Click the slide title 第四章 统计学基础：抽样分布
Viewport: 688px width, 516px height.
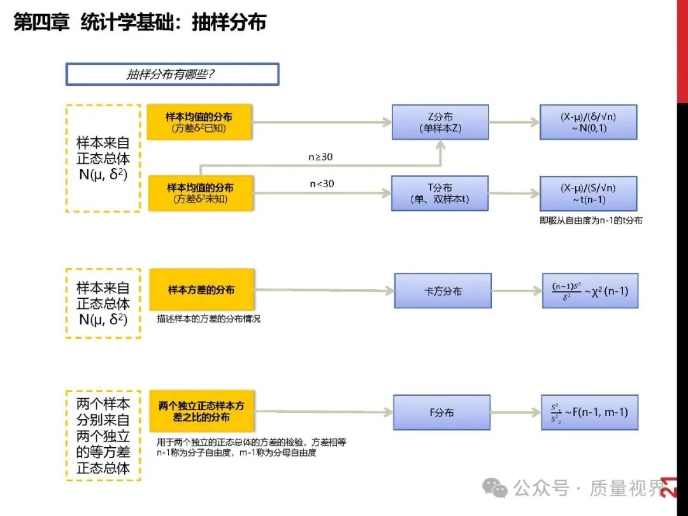point(140,23)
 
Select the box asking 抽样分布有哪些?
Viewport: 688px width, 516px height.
point(172,74)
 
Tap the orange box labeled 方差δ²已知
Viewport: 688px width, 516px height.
point(199,122)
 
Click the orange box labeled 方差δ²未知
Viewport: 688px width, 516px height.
point(200,193)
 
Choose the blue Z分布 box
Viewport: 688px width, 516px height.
point(440,122)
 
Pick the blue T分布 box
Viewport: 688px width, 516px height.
point(440,193)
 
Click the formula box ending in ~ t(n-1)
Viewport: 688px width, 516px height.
point(588,193)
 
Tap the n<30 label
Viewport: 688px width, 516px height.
point(322,183)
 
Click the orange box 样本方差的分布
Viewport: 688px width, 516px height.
point(201,290)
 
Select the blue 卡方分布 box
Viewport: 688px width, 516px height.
point(443,290)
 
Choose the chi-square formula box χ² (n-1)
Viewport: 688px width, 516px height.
point(590,290)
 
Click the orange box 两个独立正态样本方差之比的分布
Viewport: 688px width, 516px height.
point(201,412)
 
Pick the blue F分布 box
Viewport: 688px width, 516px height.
point(441,412)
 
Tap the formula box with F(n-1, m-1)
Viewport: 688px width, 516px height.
point(590,412)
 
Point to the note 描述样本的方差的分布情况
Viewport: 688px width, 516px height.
point(208,319)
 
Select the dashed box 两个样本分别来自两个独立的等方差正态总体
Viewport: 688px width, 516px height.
point(103,436)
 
